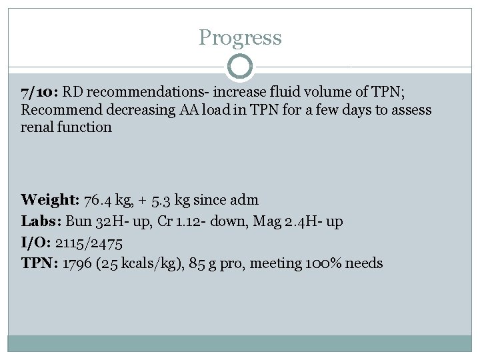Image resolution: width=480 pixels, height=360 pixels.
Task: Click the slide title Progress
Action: (x=240, y=37)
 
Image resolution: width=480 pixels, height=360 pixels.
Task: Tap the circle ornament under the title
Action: (x=240, y=67)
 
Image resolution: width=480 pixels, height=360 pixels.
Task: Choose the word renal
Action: (x=39, y=127)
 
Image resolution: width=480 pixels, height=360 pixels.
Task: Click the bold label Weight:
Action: (x=50, y=199)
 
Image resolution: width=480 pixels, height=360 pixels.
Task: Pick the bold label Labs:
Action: (x=41, y=221)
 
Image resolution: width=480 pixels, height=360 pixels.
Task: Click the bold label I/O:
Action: (x=37, y=242)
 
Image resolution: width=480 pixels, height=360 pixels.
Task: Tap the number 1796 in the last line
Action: (x=77, y=263)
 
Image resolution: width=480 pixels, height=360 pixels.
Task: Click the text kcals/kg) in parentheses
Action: (x=147, y=263)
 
